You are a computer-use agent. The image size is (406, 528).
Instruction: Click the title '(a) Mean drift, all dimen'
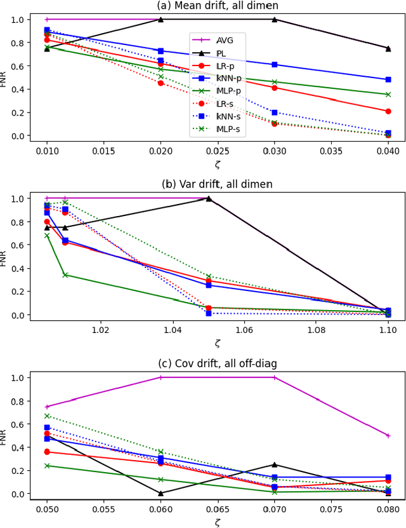click(x=217, y=6)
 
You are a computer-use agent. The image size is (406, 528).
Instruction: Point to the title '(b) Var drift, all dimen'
click(x=217, y=185)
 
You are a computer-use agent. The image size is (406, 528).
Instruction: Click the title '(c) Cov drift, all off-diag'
click(x=217, y=364)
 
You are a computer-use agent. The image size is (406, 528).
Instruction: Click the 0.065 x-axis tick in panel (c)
click(x=217, y=510)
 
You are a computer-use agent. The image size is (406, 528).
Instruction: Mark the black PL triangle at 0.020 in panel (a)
click(x=160, y=19)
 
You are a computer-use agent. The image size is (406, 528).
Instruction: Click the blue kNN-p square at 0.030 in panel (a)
click(x=274, y=65)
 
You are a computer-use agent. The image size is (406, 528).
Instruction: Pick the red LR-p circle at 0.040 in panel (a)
click(x=388, y=111)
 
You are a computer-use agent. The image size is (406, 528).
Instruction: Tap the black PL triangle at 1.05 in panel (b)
click(x=208, y=198)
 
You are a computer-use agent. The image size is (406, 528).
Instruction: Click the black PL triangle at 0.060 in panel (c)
click(x=160, y=493)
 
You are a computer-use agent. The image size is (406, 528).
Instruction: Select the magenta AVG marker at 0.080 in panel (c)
click(x=388, y=436)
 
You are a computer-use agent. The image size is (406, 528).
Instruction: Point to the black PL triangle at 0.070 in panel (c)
click(x=274, y=464)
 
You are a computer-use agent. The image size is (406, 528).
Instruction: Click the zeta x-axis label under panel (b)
click(x=217, y=343)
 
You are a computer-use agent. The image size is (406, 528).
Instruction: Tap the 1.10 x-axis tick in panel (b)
click(x=388, y=330)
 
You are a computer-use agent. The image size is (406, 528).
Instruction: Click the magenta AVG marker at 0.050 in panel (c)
click(x=47, y=407)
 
